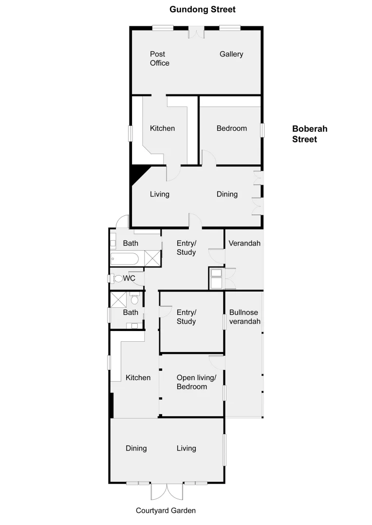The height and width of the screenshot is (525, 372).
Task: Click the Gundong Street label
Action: (x=202, y=9)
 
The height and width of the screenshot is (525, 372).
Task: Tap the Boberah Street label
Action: (x=310, y=134)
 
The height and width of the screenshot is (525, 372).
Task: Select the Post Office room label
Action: (x=159, y=58)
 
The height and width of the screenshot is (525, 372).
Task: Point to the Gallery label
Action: (x=231, y=54)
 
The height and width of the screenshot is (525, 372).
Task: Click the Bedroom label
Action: (x=232, y=128)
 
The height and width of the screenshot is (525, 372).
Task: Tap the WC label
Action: (x=129, y=279)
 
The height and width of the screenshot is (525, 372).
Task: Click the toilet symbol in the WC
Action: (x=117, y=279)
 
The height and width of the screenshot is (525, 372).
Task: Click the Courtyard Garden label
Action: (x=166, y=510)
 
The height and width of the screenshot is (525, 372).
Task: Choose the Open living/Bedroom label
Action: (x=192, y=382)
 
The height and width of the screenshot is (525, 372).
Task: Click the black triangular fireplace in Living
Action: (x=137, y=173)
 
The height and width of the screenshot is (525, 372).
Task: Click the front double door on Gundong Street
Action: (x=196, y=32)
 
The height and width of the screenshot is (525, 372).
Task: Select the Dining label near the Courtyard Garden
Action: (x=136, y=448)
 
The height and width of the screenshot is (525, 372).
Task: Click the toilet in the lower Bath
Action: (x=134, y=299)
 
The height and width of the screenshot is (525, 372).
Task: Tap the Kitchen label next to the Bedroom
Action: (x=162, y=128)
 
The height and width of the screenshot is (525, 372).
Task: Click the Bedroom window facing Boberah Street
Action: (x=262, y=130)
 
